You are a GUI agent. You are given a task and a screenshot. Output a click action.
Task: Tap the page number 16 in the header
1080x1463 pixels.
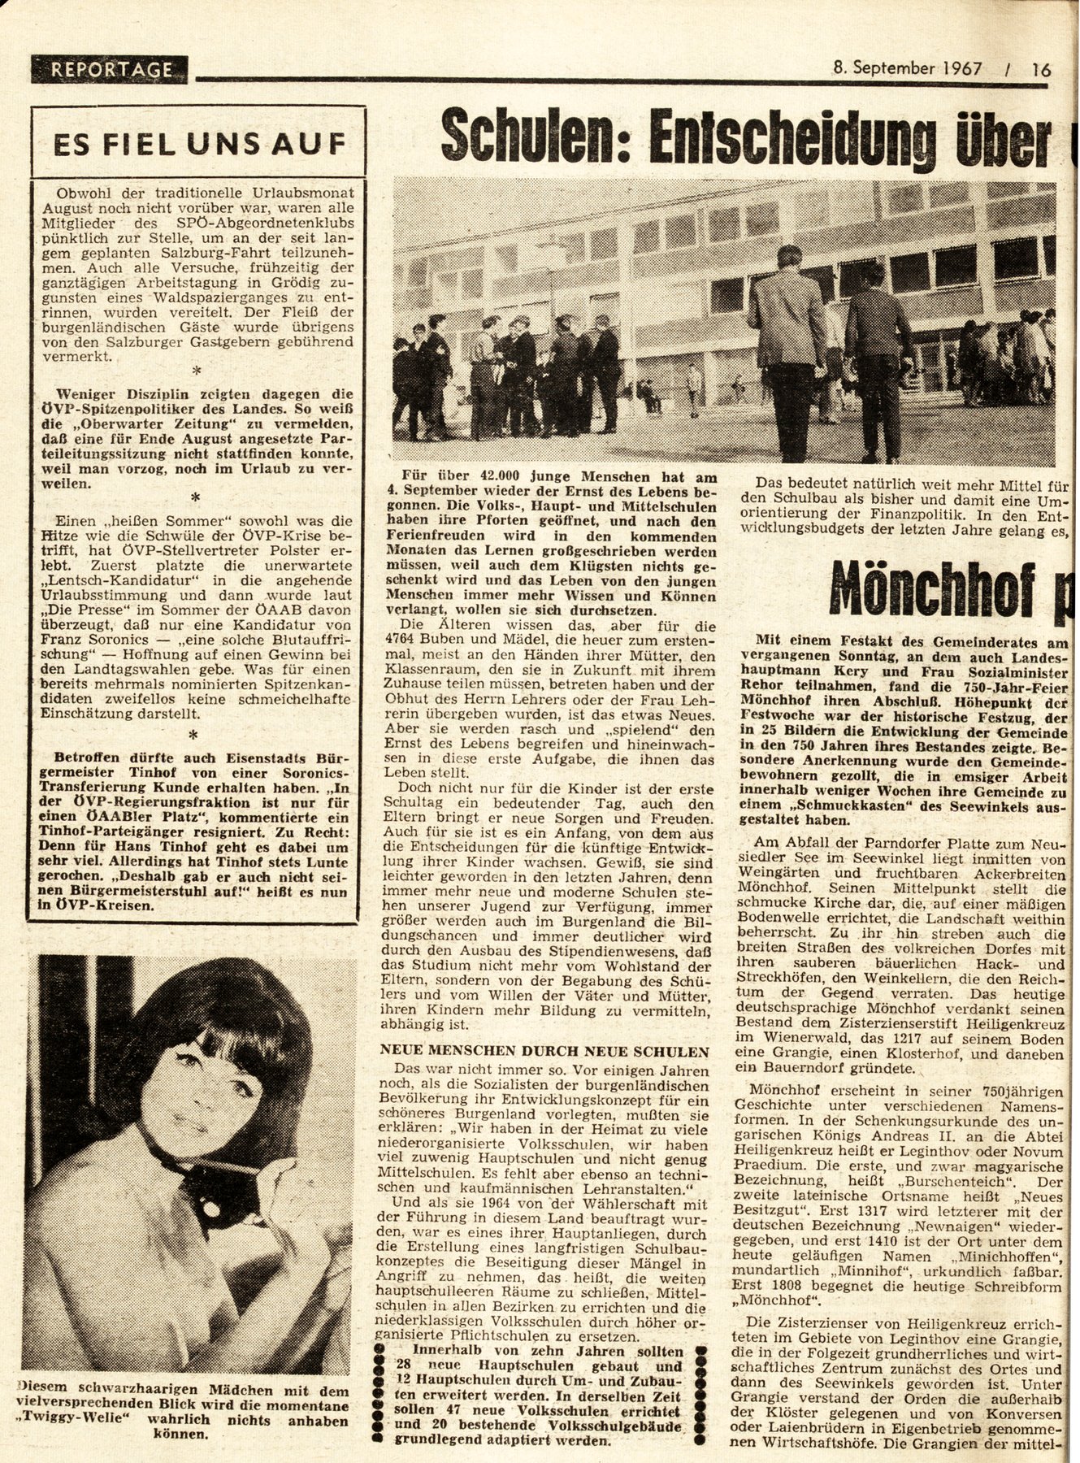coord(1041,70)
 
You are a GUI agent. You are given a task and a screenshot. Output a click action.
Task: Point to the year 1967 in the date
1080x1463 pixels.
coord(957,69)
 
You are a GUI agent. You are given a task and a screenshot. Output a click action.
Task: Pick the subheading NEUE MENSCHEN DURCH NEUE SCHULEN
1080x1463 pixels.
coord(545,1050)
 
